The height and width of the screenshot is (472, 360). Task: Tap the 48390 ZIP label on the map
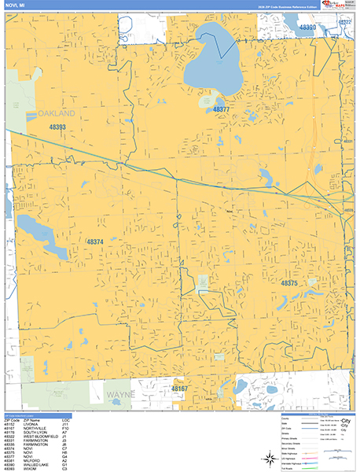(x=307, y=28)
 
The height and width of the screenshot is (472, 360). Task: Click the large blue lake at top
(x=216, y=59)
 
